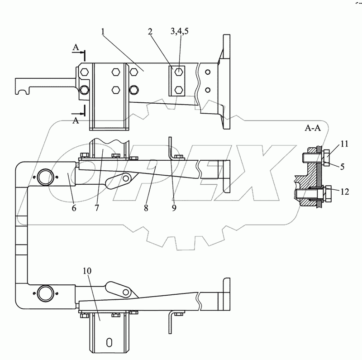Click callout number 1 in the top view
[103, 31]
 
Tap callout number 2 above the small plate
[150, 31]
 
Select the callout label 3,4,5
[179, 31]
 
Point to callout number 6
[74, 208]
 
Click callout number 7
[97, 208]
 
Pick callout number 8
[146, 208]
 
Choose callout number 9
[174, 208]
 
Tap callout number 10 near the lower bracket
[87, 271]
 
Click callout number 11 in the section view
[344, 144]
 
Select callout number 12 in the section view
[345, 192]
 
